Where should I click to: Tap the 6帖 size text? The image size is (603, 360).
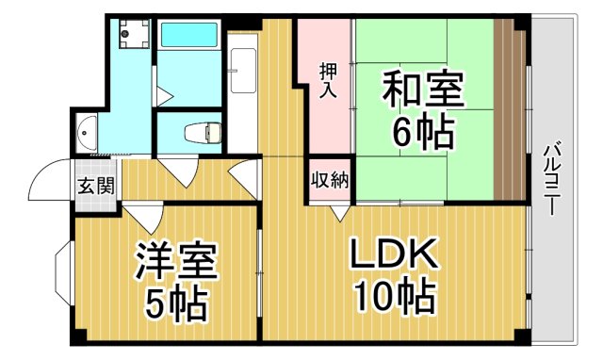point(422,132)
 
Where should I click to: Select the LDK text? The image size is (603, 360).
point(394,254)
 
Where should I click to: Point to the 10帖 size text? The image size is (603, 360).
point(394,297)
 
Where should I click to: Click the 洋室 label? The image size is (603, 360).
point(176,259)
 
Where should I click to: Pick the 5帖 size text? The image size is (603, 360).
point(176,302)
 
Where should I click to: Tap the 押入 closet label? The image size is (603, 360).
point(329,81)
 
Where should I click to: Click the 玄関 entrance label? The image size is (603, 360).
point(95,184)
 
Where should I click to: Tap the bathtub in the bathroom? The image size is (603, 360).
point(189,36)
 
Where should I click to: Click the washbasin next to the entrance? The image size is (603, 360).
point(86,131)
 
